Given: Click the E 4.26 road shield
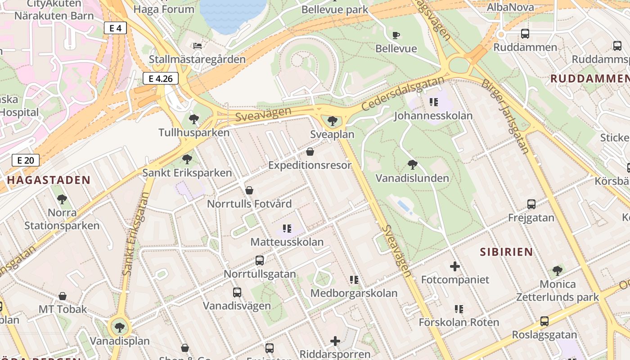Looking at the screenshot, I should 161,79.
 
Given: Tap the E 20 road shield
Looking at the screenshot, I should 26,160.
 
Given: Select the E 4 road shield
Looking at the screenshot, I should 115,28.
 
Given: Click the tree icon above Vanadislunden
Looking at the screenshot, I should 412,165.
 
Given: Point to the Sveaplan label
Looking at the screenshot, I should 332,135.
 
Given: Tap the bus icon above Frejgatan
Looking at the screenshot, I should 531,204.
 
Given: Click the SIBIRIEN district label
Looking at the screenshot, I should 506,252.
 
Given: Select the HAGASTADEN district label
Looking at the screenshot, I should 49,180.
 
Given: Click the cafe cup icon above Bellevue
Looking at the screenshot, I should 396,35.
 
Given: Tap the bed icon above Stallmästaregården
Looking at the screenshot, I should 197,46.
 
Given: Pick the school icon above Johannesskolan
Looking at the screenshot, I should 433,102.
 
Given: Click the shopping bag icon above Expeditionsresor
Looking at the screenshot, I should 310,152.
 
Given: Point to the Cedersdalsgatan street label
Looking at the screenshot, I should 403,95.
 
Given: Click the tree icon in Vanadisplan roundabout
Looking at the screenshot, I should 119,327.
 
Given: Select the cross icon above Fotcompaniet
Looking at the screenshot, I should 455,266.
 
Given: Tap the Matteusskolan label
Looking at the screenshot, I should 287,242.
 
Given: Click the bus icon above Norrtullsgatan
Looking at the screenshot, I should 260,260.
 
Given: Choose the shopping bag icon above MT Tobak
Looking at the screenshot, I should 63,296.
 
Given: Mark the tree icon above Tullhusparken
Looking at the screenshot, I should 194,119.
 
